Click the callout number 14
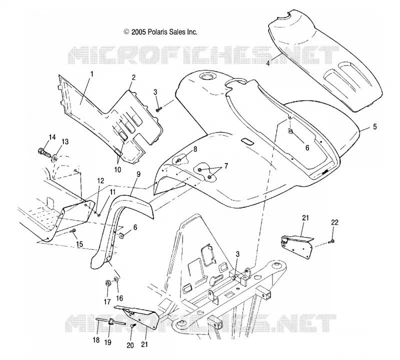tap(52, 137)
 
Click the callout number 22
tap(334, 222)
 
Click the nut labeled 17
tap(107, 283)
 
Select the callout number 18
tap(96, 339)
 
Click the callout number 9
tap(138, 174)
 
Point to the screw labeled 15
tap(72, 231)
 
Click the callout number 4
tap(268, 63)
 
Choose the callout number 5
tap(374, 126)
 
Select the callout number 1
tap(92, 74)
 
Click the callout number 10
tap(117, 169)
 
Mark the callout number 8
tap(195, 149)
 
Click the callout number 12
tap(100, 180)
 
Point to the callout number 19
tap(108, 342)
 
